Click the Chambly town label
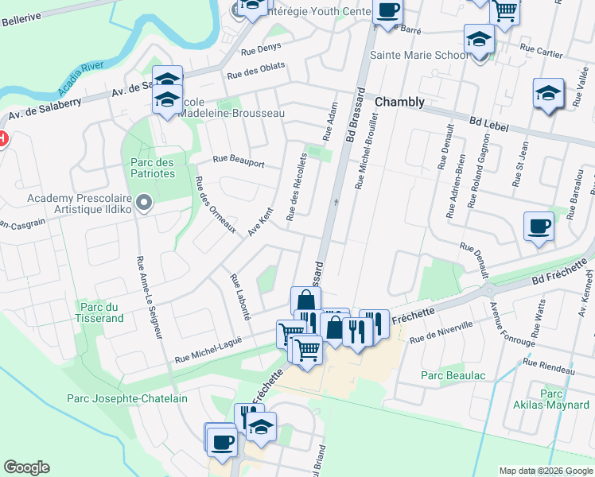pyautogui.click(x=399, y=103)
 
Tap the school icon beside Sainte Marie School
pyautogui.click(x=479, y=39)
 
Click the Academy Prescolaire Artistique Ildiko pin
pyautogui.click(x=143, y=204)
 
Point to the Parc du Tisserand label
pyautogui.click(x=101, y=312)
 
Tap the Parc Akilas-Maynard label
pyautogui.click(x=551, y=400)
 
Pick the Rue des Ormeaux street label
pyautogui.click(x=215, y=204)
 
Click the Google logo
pyautogui.click(x=27, y=467)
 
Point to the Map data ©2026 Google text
pyautogui.click(x=545, y=471)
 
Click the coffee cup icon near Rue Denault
pyautogui.click(x=539, y=226)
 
